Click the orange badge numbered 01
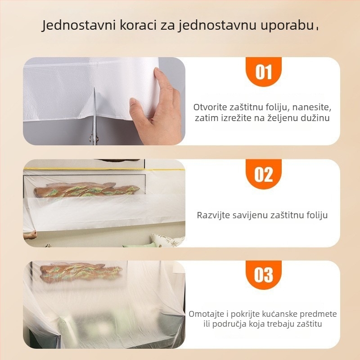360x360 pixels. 263,72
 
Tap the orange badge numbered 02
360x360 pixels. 263,174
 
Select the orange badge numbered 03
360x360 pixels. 263,275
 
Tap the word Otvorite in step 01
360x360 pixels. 210,107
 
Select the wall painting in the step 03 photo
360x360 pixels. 81,273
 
